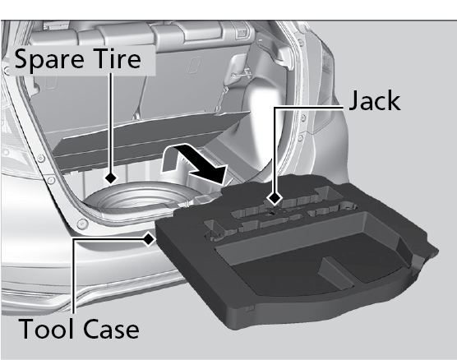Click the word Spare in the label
48,60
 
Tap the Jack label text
375,100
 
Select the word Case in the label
111,328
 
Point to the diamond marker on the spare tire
111,178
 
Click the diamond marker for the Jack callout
275,199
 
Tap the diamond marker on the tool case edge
150,239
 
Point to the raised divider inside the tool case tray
335,272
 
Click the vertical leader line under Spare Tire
111,122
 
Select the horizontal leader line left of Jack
309,108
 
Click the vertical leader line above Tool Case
74,276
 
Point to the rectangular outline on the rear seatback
195,65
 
